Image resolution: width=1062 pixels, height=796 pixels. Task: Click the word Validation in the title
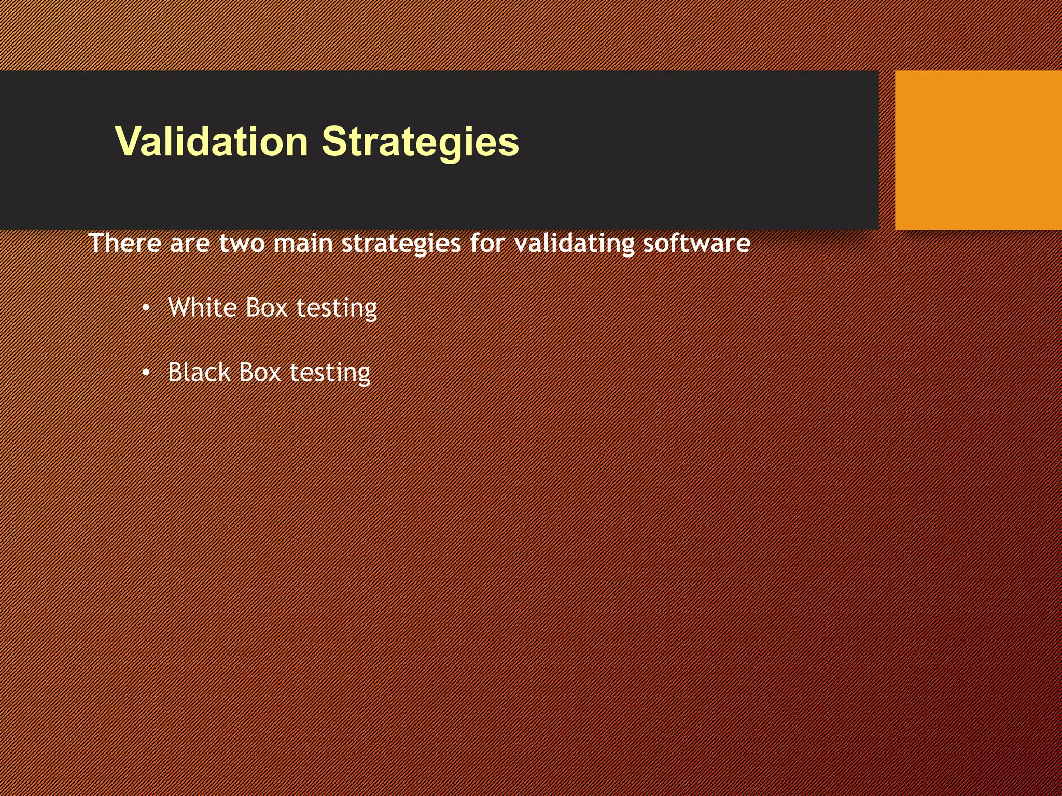[212, 141]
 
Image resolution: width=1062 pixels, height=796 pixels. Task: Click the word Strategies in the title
[420, 141]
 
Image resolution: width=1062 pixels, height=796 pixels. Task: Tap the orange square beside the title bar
[978, 150]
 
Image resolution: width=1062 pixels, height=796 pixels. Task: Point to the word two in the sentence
[242, 244]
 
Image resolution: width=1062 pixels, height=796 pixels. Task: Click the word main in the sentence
[303, 244]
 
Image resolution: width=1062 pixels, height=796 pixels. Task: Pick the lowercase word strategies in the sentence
[401, 244]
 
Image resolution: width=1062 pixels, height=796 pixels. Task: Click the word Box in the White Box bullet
[266, 307]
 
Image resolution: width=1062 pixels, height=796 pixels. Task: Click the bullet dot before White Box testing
[146, 309]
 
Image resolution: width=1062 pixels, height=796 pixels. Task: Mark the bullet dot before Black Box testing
[146, 374]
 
